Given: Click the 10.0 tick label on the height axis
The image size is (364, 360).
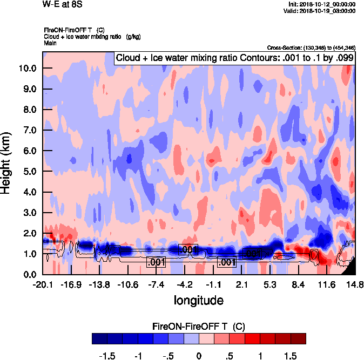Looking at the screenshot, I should click(x=27, y=69).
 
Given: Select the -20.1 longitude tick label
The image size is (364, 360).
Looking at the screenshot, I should click(x=43, y=284).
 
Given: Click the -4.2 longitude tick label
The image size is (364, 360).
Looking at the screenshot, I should click(x=185, y=284).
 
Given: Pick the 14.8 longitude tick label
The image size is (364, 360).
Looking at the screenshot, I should click(x=354, y=284).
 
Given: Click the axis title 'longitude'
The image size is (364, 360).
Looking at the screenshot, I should click(x=198, y=299).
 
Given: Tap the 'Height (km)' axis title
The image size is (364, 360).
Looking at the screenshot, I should click(x=6, y=163).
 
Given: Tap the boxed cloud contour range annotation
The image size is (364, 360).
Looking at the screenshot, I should click(x=234, y=58).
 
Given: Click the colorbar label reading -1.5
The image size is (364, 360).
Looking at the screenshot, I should click(x=107, y=356).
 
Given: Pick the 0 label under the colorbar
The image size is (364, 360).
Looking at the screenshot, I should click(x=199, y=356).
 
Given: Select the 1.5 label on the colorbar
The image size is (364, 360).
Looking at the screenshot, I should click(x=291, y=356).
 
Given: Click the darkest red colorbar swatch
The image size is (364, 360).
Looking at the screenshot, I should click(x=298, y=338).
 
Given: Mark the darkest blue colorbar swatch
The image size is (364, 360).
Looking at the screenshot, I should click(x=99, y=338).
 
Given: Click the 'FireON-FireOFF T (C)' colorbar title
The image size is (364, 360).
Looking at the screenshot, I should click(x=199, y=326).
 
